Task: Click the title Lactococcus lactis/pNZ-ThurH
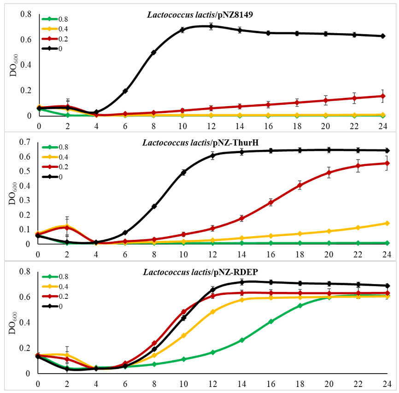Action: (x=199, y=142)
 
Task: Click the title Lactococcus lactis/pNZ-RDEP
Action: (x=199, y=271)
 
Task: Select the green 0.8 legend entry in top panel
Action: (x=52, y=19)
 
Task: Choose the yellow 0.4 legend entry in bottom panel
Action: (x=52, y=286)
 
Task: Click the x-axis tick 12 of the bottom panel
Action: (x=212, y=383)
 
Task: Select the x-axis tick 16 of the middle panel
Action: (x=270, y=253)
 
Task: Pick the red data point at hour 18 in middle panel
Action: (x=300, y=185)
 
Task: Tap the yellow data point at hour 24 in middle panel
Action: (x=387, y=223)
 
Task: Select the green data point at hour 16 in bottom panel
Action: (x=271, y=322)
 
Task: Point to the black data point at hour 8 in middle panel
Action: (x=154, y=206)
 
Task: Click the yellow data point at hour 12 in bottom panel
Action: (x=213, y=312)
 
